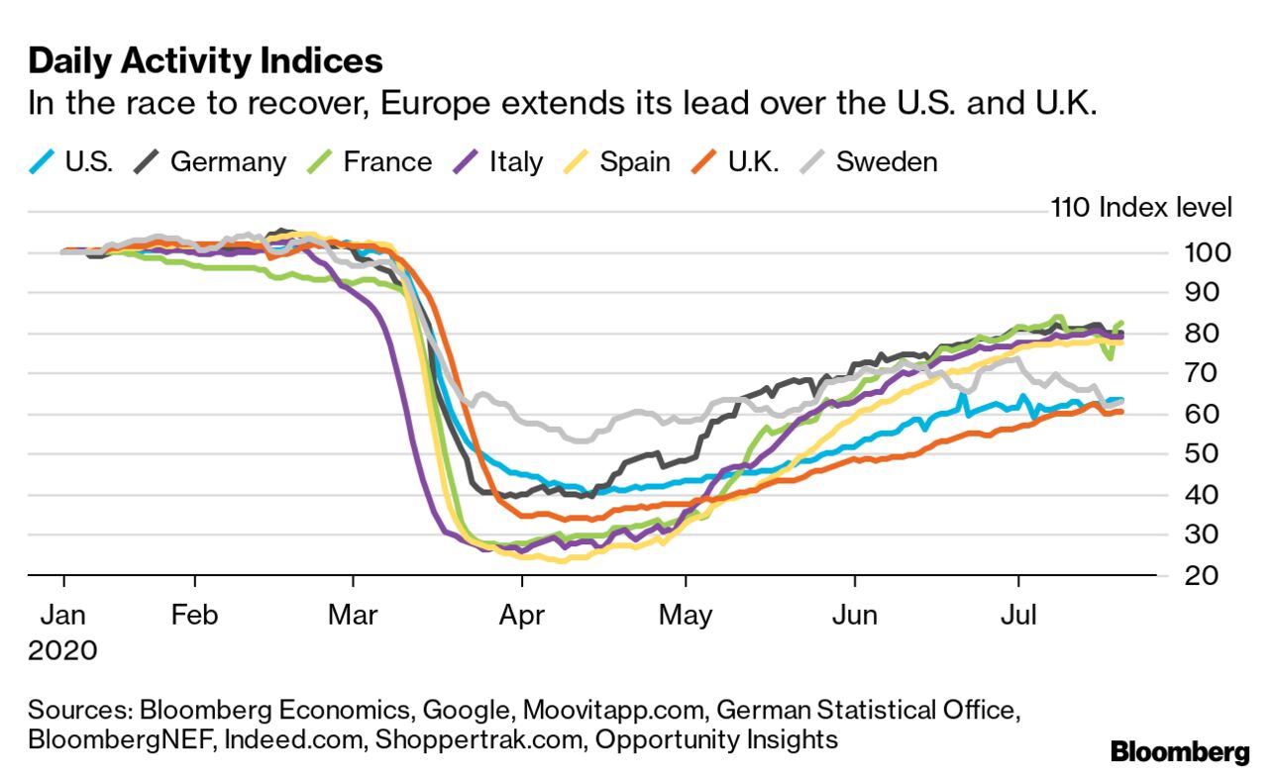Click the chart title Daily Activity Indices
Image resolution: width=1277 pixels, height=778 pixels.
pyautogui.click(x=205, y=61)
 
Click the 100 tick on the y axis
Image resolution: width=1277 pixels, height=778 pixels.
pyautogui.click(x=1207, y=252)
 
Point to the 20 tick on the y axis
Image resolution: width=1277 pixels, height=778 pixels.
pyautogui.click(x=1207, y=576)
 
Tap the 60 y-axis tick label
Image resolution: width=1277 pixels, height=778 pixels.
pyautogui.click(x=1207, y=414)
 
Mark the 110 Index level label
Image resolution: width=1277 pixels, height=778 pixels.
pyautogui.click(x=1140, y=208)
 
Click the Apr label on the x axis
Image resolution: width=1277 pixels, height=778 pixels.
pyautogui.click(x=522, y=615)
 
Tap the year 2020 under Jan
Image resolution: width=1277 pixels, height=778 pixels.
pyautogui.click(x=62, y=650)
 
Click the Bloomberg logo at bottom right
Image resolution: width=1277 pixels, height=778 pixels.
pyautogui.click(x=1180, y=752)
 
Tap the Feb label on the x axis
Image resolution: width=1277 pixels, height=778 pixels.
pyautogui.click(x=194, y=615)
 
